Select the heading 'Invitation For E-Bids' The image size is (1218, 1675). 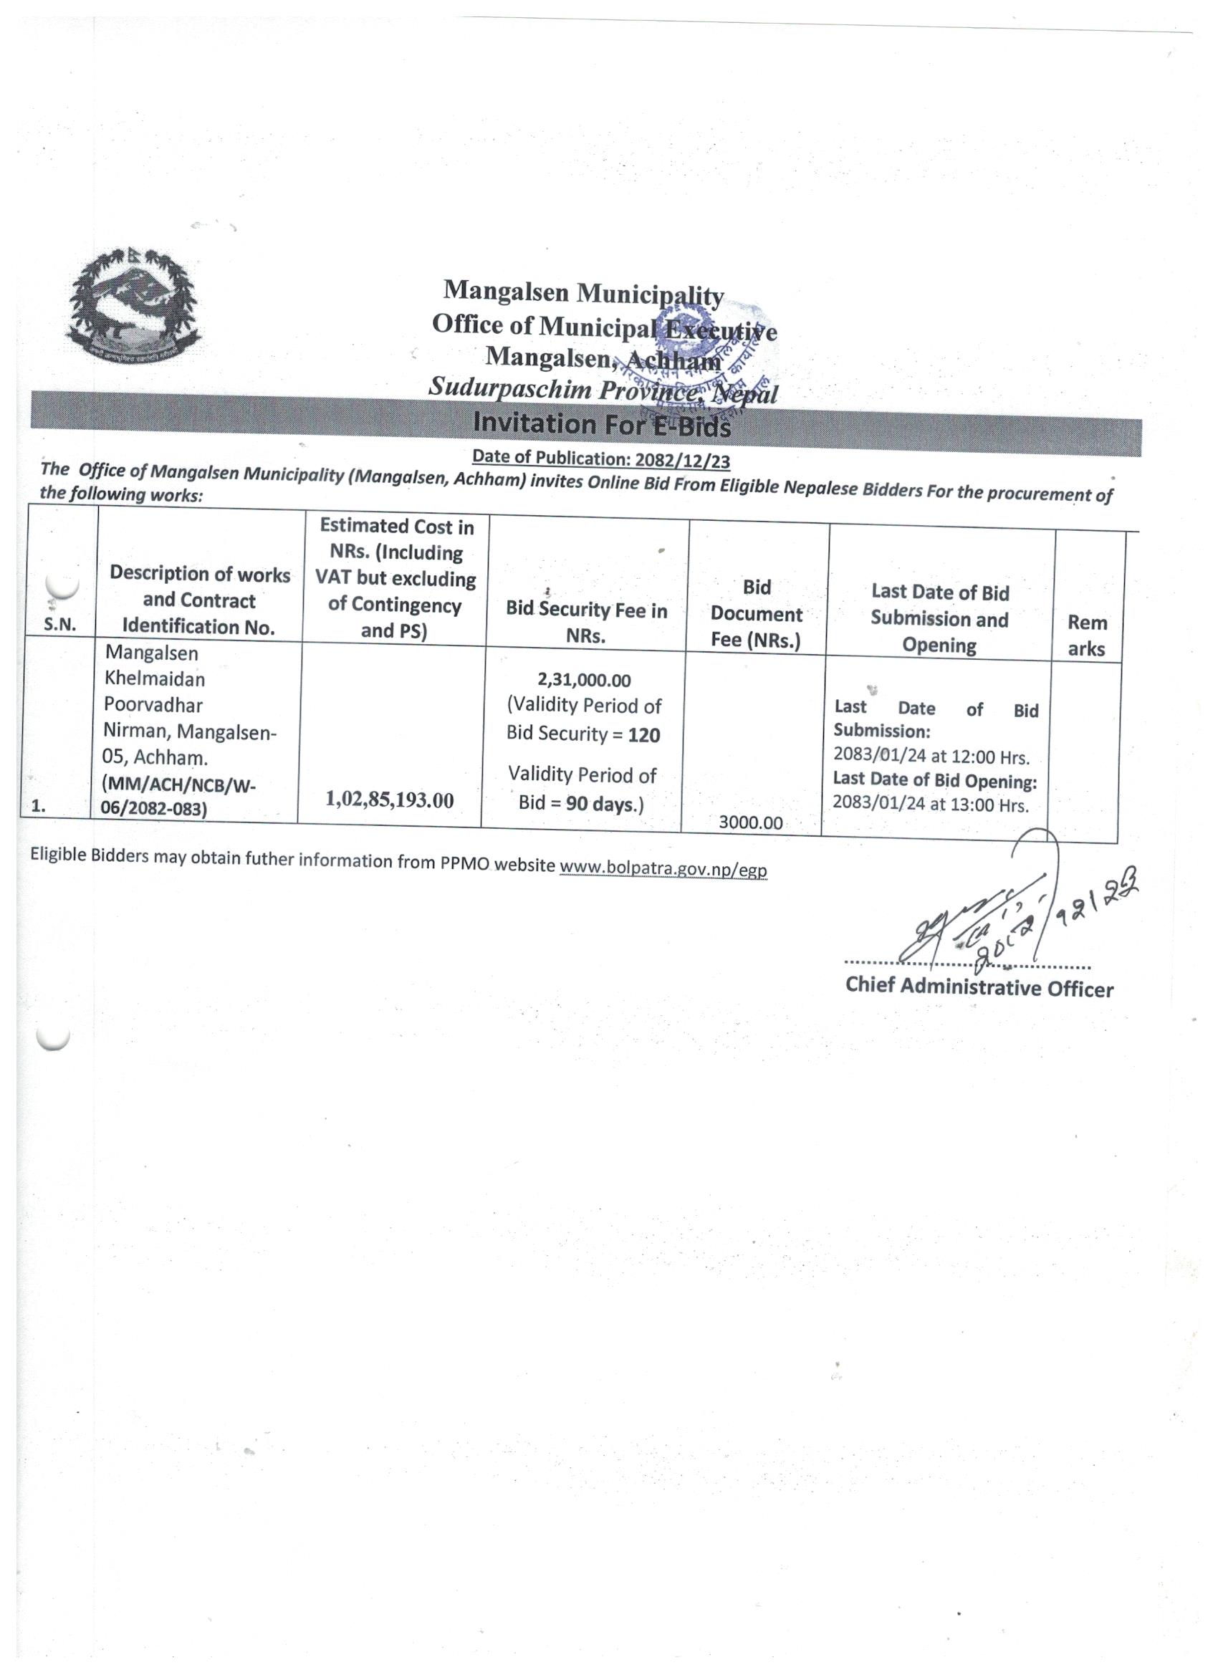tap(601, 425)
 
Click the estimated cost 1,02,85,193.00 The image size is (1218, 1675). tap(389, 800)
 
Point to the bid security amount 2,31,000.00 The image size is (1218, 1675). tap(584, 679)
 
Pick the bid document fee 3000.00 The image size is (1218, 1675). tap(750, 822)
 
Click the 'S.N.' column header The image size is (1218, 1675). tap(60, 624)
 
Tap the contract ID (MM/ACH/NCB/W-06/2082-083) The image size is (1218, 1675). tap(178, 796)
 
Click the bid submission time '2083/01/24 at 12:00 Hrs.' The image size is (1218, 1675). tap(931, 757)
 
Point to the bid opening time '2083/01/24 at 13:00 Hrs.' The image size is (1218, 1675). tap(930, 805)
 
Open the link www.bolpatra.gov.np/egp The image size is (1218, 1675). tap(663, 868)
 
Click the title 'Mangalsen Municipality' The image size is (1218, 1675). tap(583, 292)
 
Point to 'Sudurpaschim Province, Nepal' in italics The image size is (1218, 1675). tap(603, 390)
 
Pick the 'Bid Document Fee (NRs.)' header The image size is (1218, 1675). tap(757, 614)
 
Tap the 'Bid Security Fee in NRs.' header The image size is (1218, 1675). tap(587, 623)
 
